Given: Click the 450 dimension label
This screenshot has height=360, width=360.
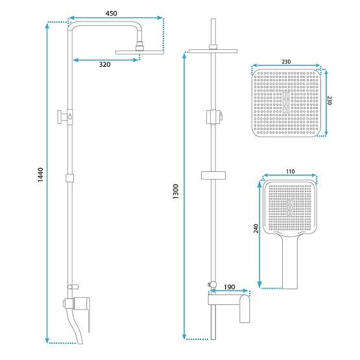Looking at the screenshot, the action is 111,14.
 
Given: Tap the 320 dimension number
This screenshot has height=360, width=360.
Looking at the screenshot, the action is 104,64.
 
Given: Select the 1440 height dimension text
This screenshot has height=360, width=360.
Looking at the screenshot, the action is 40,175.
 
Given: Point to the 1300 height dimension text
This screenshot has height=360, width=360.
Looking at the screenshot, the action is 176,191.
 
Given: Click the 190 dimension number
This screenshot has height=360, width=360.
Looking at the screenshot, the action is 230,287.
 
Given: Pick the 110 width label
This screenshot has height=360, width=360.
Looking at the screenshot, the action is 290,171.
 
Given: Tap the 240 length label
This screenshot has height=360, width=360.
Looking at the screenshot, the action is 256,228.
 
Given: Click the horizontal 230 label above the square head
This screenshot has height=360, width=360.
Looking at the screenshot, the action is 286,62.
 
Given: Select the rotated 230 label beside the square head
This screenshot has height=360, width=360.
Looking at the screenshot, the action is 330,101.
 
